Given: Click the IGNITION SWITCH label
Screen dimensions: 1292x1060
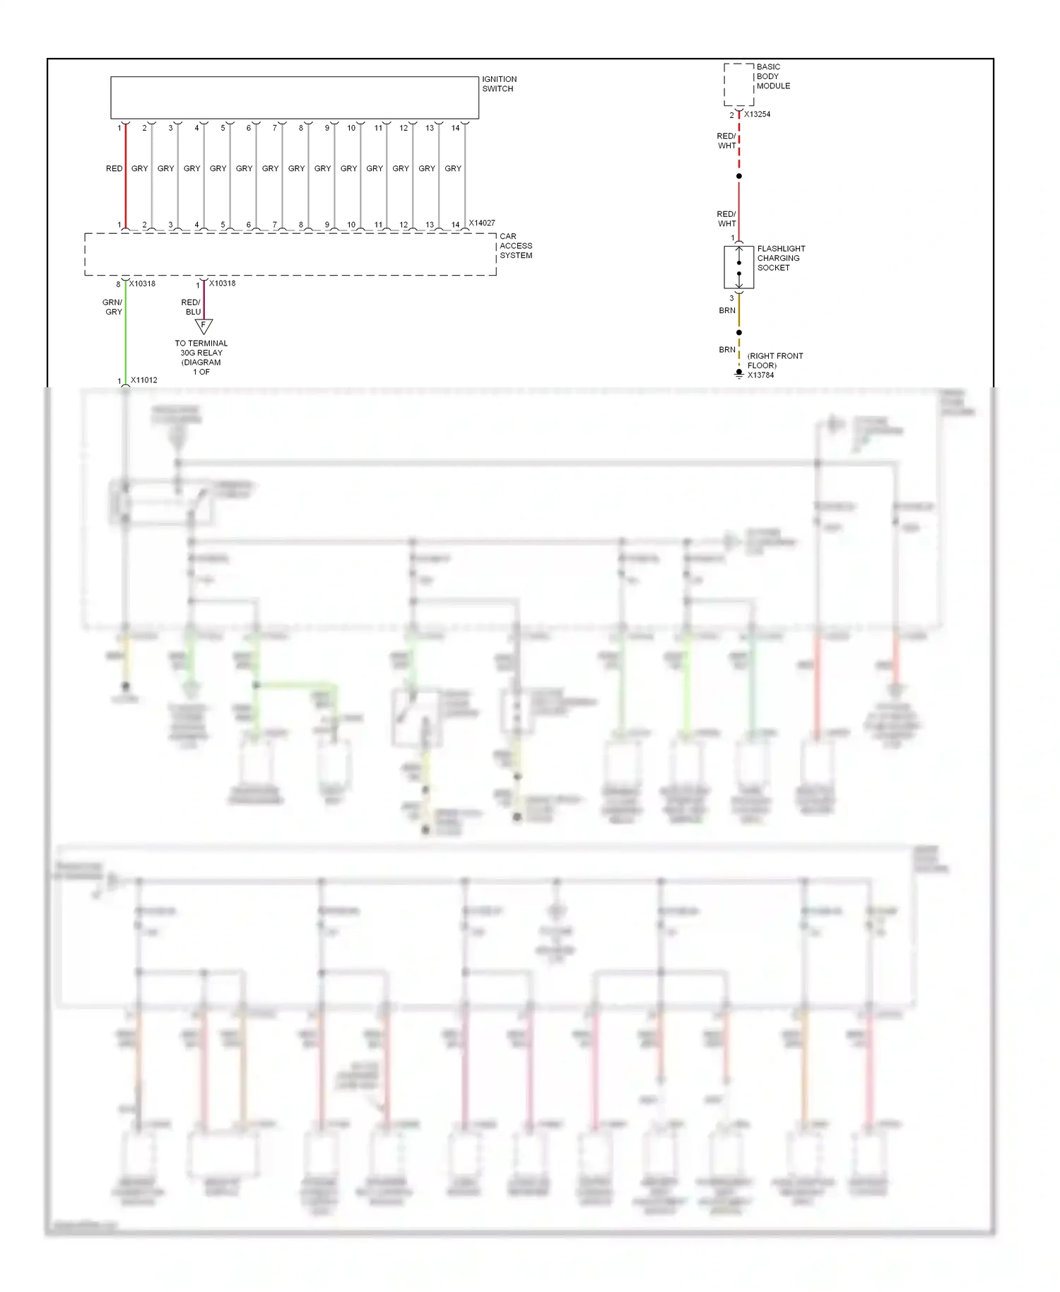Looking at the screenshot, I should pos(499,84).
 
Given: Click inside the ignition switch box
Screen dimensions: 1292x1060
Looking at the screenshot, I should pos(294,98).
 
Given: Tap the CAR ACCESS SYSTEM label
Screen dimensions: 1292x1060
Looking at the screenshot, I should pos(516,246).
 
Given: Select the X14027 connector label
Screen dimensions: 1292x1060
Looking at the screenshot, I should pos(482,223).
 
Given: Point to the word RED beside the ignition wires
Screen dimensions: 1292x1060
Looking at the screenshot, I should pos(114,169).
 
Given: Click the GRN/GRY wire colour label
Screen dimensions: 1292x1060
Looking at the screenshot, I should pos(113,307).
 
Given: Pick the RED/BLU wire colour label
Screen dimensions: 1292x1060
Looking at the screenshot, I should pos(192,307).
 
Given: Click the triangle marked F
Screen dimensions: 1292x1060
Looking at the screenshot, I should pos(204,326).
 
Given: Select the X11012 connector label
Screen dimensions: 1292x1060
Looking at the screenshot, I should pos(144,380).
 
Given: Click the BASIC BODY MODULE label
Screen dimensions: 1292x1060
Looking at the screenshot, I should pos(773,76).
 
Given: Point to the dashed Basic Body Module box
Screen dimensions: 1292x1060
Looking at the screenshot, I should pos(738,85).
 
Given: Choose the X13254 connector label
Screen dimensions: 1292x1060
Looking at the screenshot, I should pos(757,114).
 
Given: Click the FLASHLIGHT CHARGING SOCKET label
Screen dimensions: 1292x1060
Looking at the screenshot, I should pos(781,259).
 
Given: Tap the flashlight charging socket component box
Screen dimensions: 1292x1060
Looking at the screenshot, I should pos(738,268).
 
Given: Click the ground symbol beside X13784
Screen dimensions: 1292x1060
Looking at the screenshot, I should pos(738,374).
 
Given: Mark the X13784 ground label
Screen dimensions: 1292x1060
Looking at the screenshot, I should pos(761,375).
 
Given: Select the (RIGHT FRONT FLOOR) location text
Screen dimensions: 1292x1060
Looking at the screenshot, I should pos(775,360).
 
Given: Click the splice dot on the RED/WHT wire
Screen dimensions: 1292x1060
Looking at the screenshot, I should pos(738,176).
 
